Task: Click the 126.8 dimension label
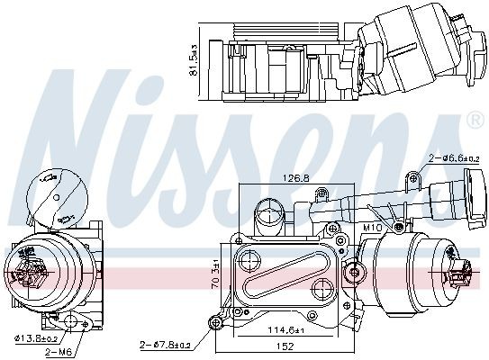(294, 177)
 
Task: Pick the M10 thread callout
(371, 229)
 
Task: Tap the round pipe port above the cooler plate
(267, 217)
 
